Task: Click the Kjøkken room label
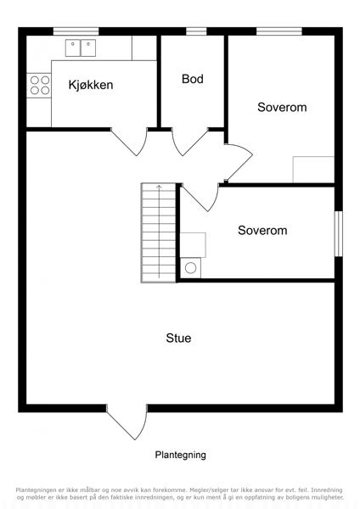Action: pyautogui.click(x=91, y=85)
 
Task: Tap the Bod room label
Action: pyautogui.click(x=193, y=79)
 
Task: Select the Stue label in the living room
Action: pyautogui.click(x=178, y=338)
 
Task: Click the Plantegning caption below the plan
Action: pyautogui.click(x=180, y=455)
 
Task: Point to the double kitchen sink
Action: pyautogui.click(x=81, y=48)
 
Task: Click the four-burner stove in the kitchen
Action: pyautogui.click(x=40, y=85)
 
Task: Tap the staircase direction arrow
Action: pyautogui.click(x=159, y=232)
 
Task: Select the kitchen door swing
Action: pyautogui.click(x=129, y=142)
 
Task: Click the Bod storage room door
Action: pyautogui.click(x=189, y=142)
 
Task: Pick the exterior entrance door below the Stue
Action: pyautogui.click(x=127, y=422)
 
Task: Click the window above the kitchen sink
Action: pyautogui.click(x=76, y=31)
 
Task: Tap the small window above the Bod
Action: pyautogui.click(x=196, y=31)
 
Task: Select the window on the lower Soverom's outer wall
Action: pyautogui.click(x=339, y=234)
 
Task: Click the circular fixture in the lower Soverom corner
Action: pyautogui.click(x=191, y=268)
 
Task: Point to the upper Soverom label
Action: pyautogui.click(x=282, y=107)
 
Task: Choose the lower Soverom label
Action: pyautogui.click(x=262, y=230)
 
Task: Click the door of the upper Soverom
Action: pyautogui.click(x=239, y=162)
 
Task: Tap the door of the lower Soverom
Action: pyautogui.click(x=200, y=198)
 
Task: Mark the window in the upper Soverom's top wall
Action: pyautogui.click(x=279, y=31)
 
